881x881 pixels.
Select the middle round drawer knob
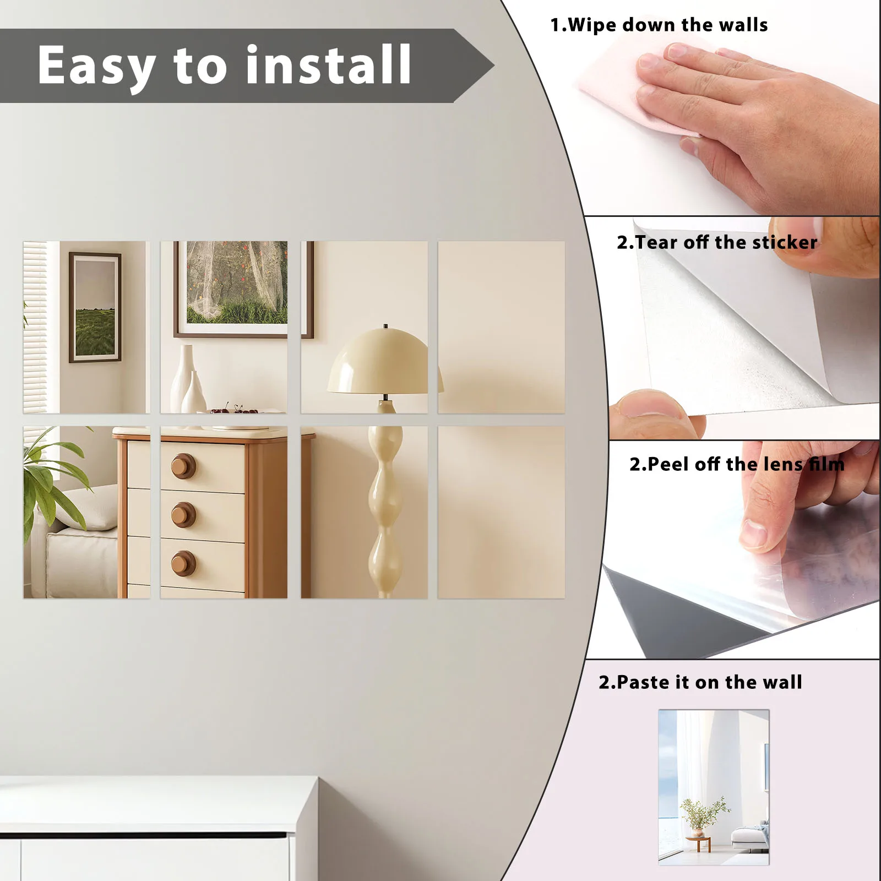point(183,515)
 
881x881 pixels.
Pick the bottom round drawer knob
point(183,564)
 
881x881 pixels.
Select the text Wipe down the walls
point(659,25)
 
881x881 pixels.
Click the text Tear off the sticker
point(716,243)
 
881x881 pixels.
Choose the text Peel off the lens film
point(736,465)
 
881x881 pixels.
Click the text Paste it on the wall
point(700,683)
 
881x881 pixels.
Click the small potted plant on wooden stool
point(699,820)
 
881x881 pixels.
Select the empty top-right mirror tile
point(501,327)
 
